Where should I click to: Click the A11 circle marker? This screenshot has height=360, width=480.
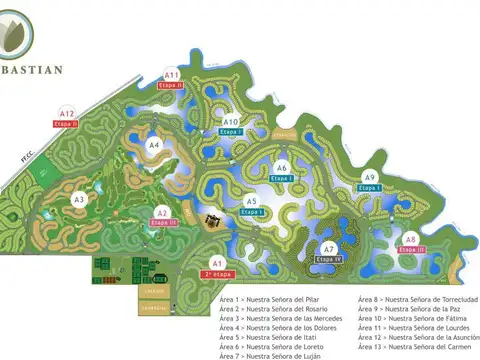[x=172, y=75]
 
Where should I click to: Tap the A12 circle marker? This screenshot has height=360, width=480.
[x=67, y=113]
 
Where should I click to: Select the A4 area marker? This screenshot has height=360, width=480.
[x=154, y=145]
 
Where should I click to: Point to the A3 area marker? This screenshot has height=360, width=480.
[x=79, y=200]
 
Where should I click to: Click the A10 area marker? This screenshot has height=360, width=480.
[x=231, y=121]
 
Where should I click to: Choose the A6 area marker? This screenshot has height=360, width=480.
[x=282, y=167]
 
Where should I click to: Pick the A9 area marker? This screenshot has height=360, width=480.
[x=369, y=177]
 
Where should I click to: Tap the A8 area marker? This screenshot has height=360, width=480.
[x=410, y=239]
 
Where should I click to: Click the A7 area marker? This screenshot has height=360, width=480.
[x=329, y=248]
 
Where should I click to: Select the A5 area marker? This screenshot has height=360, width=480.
[x=252, y=202]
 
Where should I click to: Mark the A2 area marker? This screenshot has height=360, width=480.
[x=161, y=212]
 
